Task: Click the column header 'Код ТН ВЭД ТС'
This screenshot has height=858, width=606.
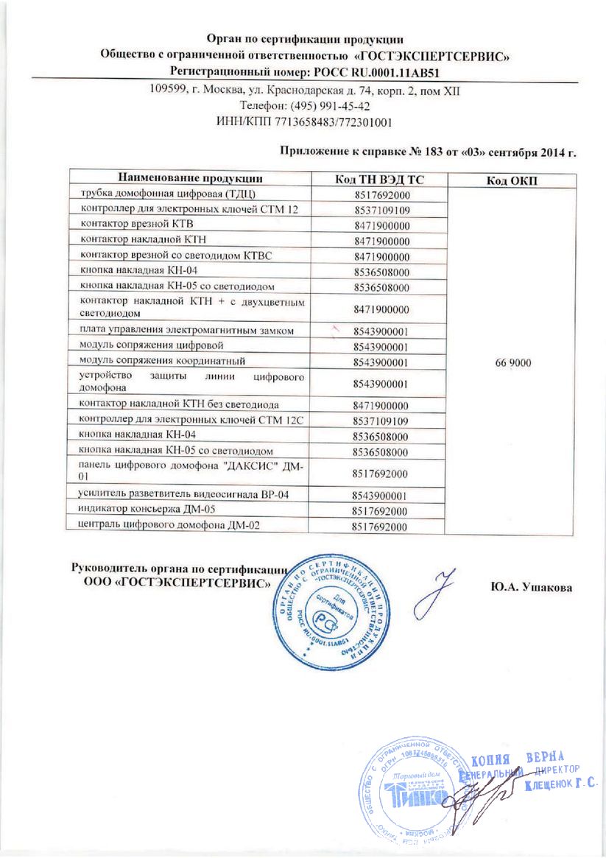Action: pyautogui.click(x=381, y=178)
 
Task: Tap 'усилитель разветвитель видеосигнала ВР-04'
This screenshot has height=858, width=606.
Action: pyautogui.click(x=189, y=493)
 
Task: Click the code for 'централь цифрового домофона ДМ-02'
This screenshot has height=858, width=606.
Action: pyautogui.click(x=381, y=526)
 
